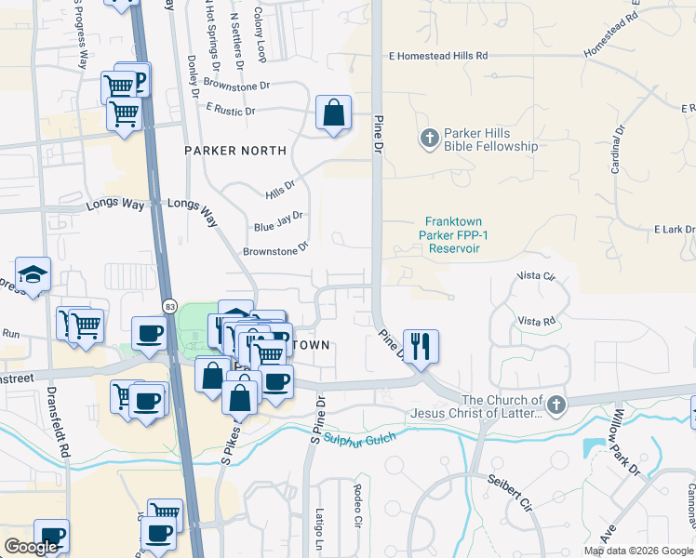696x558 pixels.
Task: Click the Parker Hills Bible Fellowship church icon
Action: [x=429, y=139]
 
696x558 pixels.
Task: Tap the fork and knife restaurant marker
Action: [x=421, y=346]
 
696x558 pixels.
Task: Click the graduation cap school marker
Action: [x=33, y=274]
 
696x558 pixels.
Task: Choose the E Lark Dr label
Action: [x=674, y=230]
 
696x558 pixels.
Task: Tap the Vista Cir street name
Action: [x=536, y=277]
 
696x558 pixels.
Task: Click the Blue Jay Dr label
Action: [x=278, y=221]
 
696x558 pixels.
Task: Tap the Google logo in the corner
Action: [x=31, y=547]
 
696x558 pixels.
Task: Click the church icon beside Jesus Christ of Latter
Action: [x=555, y=405]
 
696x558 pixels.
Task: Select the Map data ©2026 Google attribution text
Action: [x=638, y=551]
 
